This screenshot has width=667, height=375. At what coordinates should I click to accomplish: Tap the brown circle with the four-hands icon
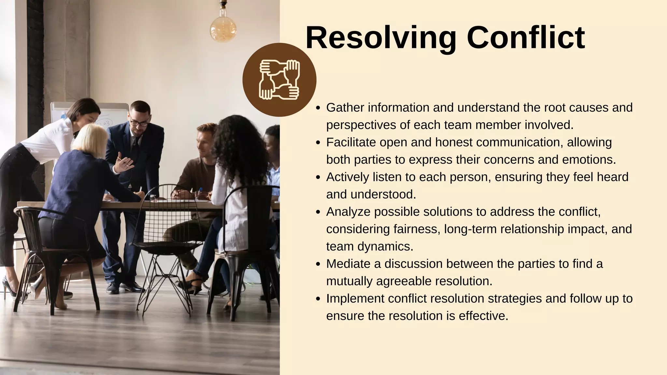(x=279, y=80)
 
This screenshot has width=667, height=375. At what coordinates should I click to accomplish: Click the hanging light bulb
(x=223, y=28)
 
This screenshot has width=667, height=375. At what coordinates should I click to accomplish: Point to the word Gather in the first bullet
(x=345, y=108)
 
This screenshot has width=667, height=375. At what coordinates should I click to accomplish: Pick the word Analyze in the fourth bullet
(x=348, y=212)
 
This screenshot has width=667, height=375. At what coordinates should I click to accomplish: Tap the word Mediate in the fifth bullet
(x=348, y=264)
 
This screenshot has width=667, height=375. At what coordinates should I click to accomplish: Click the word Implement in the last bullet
(x=355, y=299)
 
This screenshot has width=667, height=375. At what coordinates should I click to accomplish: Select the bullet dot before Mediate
(x=319, y=264)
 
